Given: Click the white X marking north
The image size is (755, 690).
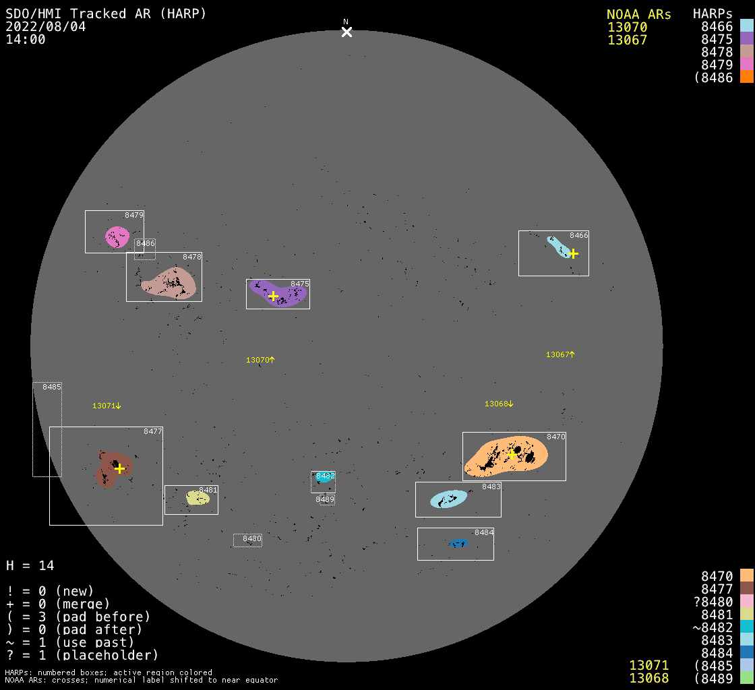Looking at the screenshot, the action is click(x=346, y=32).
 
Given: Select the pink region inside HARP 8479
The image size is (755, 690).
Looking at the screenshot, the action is click(x=117, y=237).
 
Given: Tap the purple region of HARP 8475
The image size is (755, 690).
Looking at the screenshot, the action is click(x=278, y=294).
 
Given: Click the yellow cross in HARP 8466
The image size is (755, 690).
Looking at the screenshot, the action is click(x=573, y=253).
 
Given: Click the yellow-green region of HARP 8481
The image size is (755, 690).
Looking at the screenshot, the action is click(x=198, y=497).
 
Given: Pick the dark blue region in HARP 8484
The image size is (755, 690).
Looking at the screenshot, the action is click(x=458, y=543).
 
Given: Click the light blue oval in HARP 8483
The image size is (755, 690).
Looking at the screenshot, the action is click(x=449, y=499).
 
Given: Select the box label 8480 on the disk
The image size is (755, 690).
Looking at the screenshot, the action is click(x=252, y=538).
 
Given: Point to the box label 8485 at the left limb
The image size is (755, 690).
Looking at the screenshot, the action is click(x=52, y=387).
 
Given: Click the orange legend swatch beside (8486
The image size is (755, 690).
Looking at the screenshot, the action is click(x=747, y=77).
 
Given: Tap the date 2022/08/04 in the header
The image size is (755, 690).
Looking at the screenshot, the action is click(x=46, y=26).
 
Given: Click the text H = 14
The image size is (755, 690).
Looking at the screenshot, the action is click(x=30, y=565).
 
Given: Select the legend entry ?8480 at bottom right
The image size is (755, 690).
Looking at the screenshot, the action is click(x=713, y=602).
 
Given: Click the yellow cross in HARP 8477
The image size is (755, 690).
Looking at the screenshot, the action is click(x=120, y=468).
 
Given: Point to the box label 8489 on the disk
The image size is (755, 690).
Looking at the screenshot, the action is click(x=325, y=499).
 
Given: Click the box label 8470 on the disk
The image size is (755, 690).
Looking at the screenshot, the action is click(x=556, y=437).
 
